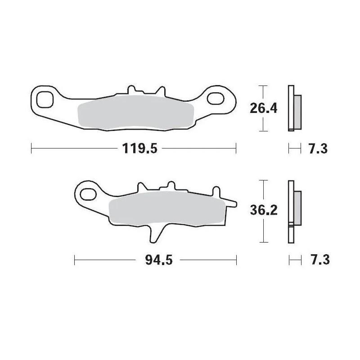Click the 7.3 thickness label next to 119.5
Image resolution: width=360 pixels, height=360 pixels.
(318, 148)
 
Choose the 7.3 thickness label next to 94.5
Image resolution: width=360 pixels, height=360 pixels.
(318, 260)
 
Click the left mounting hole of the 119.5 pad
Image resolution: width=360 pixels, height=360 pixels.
(45, 99)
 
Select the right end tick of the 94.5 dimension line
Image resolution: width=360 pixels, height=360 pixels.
(236, 260)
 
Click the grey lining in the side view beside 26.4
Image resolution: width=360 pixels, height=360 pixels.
(298, 112)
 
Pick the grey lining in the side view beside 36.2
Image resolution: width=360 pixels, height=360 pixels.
(298, 209)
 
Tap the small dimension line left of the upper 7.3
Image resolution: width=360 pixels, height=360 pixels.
(294, 148)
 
